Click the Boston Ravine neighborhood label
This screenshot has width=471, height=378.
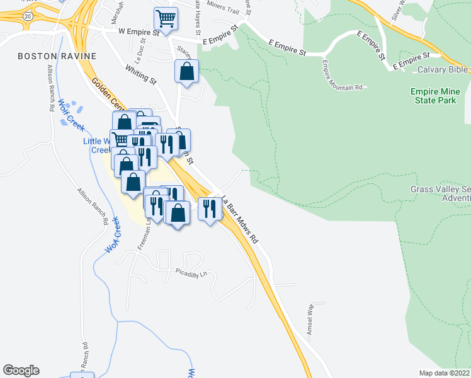(57, 56)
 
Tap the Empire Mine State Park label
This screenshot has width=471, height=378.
(441, 96)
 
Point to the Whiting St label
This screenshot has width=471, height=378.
(140, 74)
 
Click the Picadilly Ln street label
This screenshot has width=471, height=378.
(191, 274)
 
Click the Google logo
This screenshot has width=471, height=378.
(21, 370)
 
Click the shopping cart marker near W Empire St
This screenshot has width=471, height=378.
(166, 19)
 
